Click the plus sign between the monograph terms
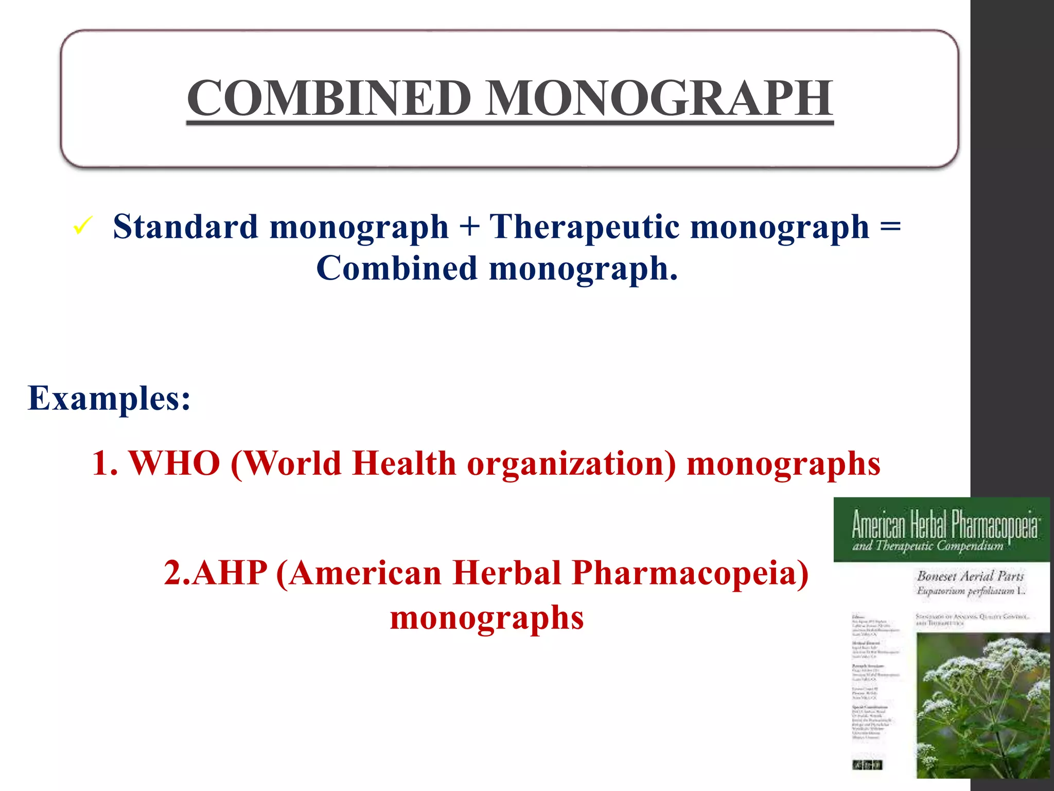tap(469, 228)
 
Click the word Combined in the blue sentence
tap(396, 268)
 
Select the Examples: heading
tap(109, 398)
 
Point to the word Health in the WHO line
tap(404, 463)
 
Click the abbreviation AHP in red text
tap(231, 573)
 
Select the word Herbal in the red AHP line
tap(507, 573)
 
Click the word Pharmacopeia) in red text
tap(690, 573)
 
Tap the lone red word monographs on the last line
tap(487, 617)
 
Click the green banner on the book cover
tap(941, 529)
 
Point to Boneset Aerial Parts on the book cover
tap(970, 576)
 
